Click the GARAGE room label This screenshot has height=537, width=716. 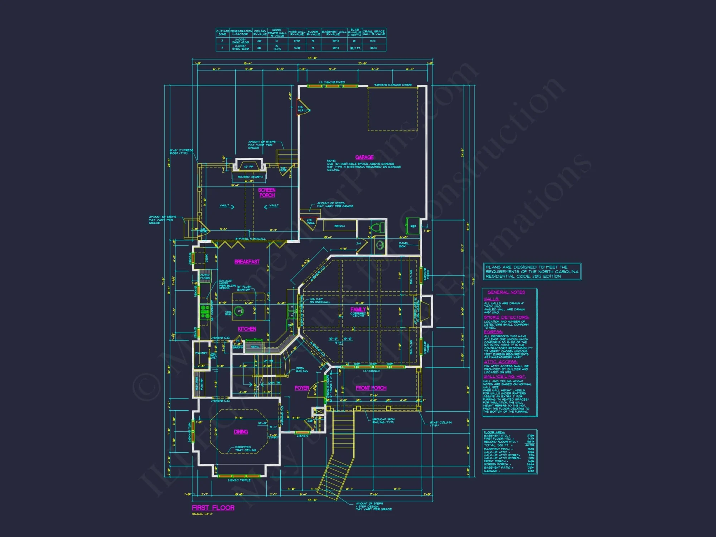pos(364,157)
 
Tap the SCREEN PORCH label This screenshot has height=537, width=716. pos(267,193)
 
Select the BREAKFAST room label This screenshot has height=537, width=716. pos(247,262)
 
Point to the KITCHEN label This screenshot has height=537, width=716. pos(247,329)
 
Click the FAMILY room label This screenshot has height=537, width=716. pos(358,309)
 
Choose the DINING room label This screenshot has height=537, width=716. pos(241,432)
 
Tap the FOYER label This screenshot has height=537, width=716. pos(302,388)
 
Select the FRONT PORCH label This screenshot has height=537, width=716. pos(371,388)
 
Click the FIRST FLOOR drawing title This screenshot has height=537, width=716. pos(213,508)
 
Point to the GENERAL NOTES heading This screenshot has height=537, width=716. pos(506,292)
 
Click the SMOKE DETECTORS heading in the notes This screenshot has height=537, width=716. pos(506,317)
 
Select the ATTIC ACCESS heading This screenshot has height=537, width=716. pos(500,362)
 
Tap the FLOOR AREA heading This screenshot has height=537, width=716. pos(494,432)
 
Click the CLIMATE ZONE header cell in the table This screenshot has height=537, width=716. pos(222,33)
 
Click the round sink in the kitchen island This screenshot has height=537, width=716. pos(239,311)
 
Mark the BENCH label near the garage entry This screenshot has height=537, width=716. pos(339,226)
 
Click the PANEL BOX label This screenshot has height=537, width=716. pos(403,245)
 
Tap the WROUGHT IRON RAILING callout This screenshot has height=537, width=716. pos(383,421)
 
